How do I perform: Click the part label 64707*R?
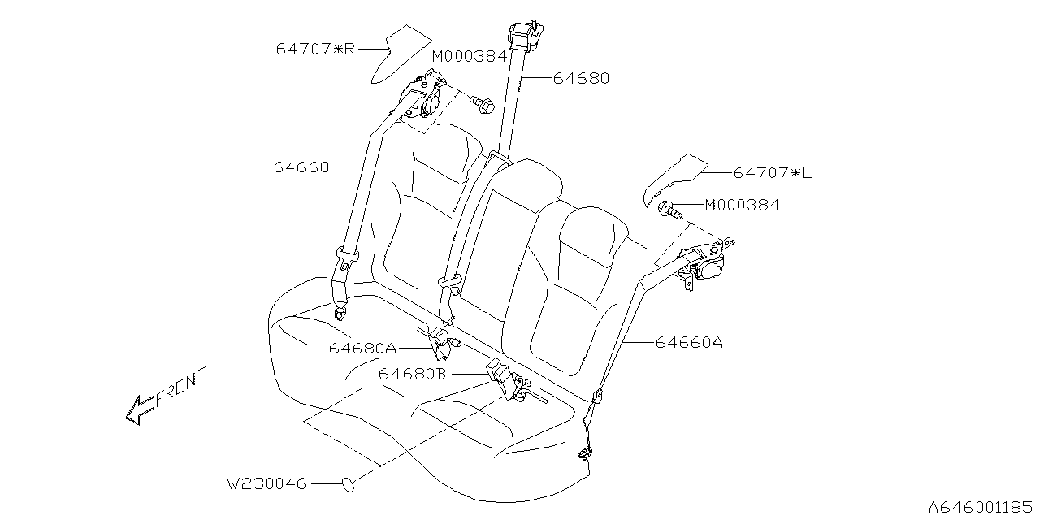(x=315, y=49)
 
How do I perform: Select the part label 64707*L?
(x=773, y=173)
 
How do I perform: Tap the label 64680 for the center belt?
(x=581, y=79)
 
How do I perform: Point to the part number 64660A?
(x=689, y=343)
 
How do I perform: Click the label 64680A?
(x=362, y=348)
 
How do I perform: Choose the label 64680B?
(x=413, y=374)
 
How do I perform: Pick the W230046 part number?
(x=266, y=484)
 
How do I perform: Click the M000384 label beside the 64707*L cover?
(x=742, y=206)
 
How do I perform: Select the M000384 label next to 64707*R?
(x=470, y=56)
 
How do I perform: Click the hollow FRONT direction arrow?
(x=138, y=409)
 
